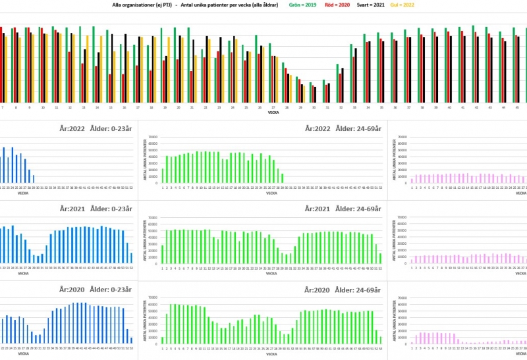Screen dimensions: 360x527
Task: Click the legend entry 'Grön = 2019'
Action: click(x=302, y=5)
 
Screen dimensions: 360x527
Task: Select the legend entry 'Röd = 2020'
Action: click(x=338, y=5)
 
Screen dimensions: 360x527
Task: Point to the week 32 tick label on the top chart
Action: click(x=341, y=107)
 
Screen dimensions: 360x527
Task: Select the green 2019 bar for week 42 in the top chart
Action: click(x=473, y=63)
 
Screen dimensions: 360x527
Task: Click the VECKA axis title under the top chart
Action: click(x=272, y=113)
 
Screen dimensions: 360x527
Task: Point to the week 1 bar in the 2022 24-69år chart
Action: click(x=163, y=174)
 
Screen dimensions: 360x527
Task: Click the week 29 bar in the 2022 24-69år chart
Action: click(x=283, y=178)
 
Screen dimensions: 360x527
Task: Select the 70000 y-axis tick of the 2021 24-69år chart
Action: click(x=153, y=217)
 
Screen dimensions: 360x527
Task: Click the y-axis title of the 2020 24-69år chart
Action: click(x=144, y=320)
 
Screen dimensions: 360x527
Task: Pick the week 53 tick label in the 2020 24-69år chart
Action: click(x=381, y=347)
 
